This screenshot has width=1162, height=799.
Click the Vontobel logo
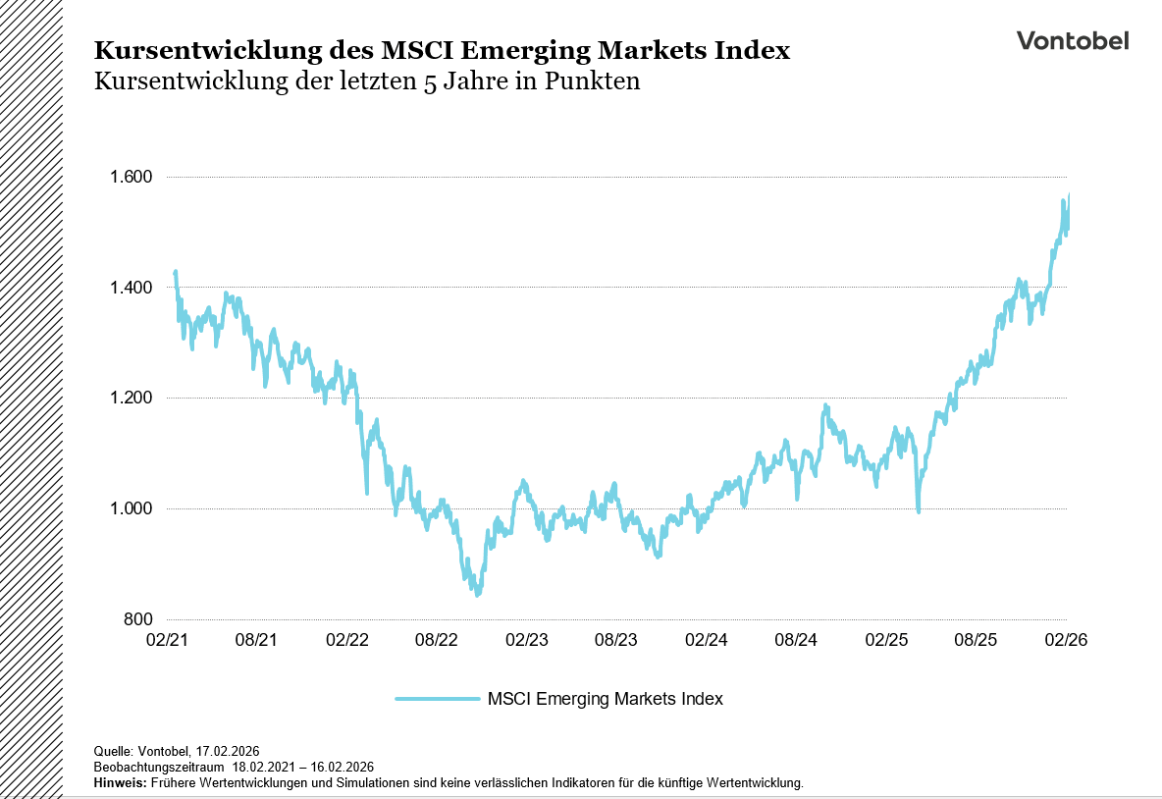point(1072,40)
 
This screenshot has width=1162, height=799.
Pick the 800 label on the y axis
point(138,619)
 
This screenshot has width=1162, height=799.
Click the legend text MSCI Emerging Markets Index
point(605,699)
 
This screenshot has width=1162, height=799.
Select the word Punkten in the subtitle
point(595,81)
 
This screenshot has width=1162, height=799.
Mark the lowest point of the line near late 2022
point(477,594)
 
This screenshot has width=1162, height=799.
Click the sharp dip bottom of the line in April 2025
point(919,510)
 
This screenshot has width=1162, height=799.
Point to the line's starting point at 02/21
point(175,272)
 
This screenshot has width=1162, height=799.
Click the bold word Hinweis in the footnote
point(118,783)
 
